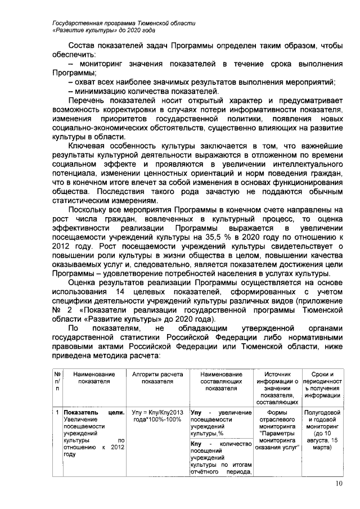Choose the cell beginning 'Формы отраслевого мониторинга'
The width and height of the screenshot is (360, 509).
click(276, 430)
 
